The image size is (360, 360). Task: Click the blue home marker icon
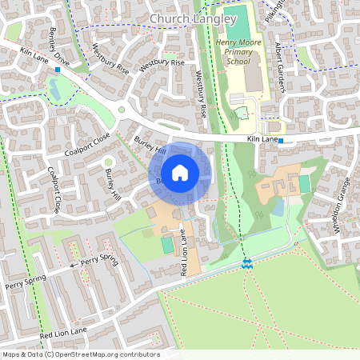pos(180,172)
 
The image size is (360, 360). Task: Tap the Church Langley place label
pos(193,18)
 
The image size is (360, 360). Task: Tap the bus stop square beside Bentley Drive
pos(58,70)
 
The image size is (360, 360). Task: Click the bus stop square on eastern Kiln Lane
pos(281,141)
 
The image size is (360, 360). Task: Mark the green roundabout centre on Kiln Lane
pos(122,110)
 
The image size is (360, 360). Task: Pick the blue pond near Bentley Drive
pos(58,89)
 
